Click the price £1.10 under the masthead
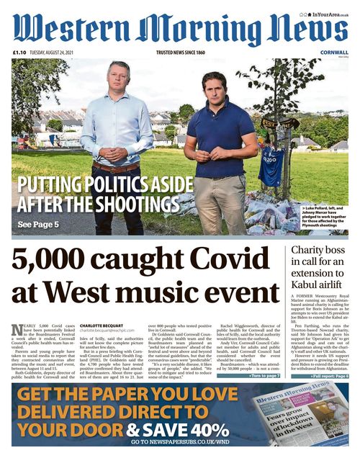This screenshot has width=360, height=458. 19,53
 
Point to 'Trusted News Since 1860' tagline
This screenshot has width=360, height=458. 181,53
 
